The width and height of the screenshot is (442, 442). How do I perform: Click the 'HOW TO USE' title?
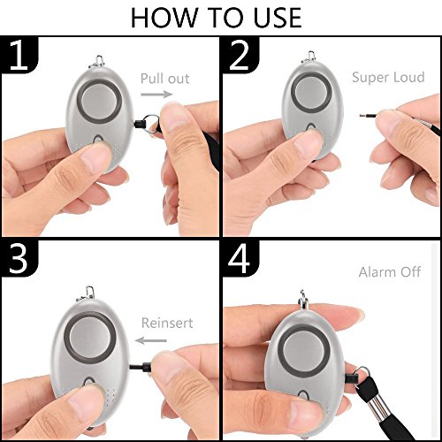[221, 18]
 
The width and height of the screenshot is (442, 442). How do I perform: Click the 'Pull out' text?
[165, 79]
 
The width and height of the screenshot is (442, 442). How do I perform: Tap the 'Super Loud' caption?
[389, 78]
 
